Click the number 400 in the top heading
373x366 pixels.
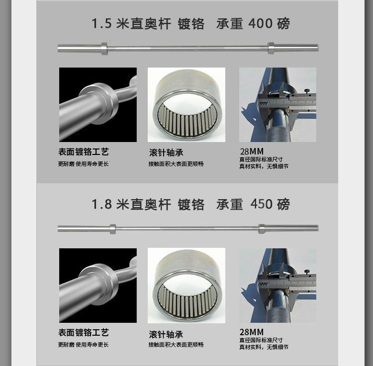click(x=260, y=23)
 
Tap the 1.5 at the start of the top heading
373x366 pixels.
click(x=101, y=23)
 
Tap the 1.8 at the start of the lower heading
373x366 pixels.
click(x=101, y=204)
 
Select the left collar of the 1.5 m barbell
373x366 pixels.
click(x=104, y=49)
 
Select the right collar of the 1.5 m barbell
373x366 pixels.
click(x=271, y=48)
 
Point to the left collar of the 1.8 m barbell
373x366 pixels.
click(x=113, y=229)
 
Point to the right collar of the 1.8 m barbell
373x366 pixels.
click(x=262, y=229)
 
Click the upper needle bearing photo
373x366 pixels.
click(x=186, y=105)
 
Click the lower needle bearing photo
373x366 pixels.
click(x=186, y=286)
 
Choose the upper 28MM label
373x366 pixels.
click(x=252, y=151)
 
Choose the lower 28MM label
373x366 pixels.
click(x=252, y=332)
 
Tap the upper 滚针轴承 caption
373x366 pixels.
click(x=166, y=152)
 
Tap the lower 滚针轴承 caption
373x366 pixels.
click(x=166, y=334)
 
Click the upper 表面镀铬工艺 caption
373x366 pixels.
click(x=84, y=152)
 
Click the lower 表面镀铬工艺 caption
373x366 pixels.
click(x=84, y=333)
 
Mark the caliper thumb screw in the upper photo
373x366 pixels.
click(x=307, y=91)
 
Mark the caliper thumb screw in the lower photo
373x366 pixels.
click(x=307, y=272)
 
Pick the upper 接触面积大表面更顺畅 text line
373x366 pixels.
click(x=176, y=164)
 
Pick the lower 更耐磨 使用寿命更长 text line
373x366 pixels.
click(x=83, y=345)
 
